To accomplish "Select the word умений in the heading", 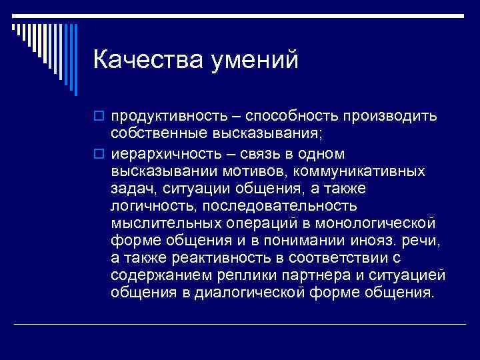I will click(x=255, y=61).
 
